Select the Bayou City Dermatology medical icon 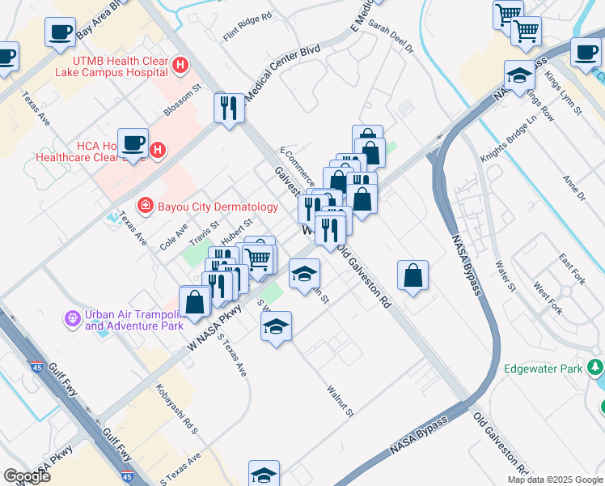tap(146, 205)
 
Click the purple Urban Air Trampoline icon tap(74, 318)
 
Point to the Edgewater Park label tap(543, 369)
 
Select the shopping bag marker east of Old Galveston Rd tap(412, 275)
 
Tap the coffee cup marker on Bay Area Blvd tap(61, 32)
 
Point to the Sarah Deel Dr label tap(391, 37)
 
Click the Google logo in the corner tap(27, 476)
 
